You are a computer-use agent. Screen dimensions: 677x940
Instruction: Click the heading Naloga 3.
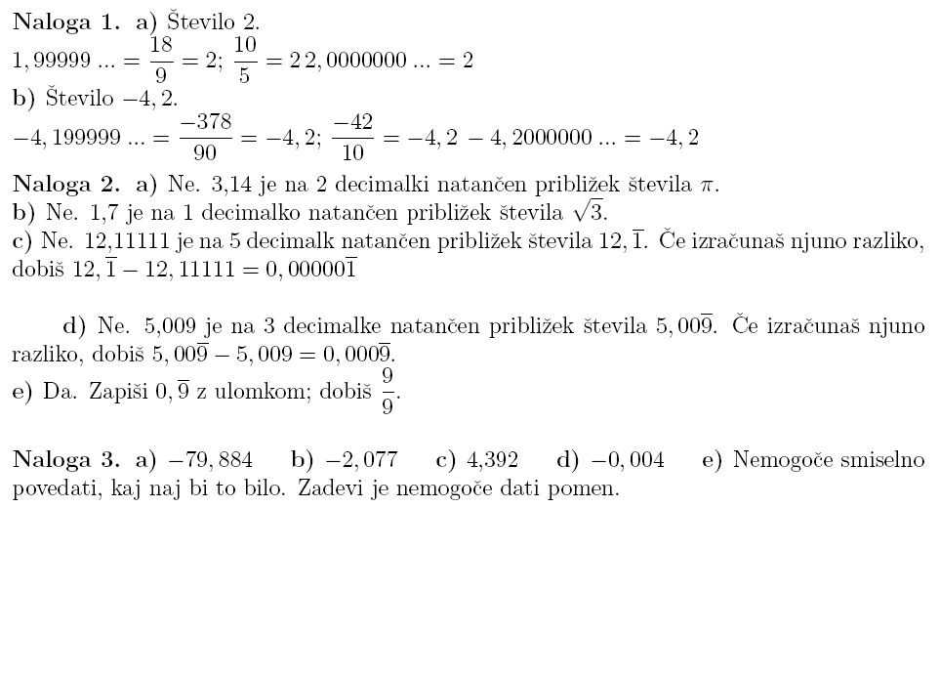[65, 460]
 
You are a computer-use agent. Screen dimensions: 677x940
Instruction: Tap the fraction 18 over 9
[162, 61]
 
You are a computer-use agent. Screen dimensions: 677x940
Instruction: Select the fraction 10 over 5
[246, 61]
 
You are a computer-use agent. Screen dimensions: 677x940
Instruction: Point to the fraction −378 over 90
[205, 137]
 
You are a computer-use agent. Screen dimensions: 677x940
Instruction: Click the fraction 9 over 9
[388, 391]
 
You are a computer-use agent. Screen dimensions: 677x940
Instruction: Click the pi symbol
[710, 185]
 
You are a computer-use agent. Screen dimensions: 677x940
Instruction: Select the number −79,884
[211, 460]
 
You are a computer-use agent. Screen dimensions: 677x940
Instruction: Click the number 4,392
[493, 460]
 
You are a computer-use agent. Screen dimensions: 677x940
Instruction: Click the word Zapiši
[112, 392]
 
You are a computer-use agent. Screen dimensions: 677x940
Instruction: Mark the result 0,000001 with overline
[310, 270]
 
